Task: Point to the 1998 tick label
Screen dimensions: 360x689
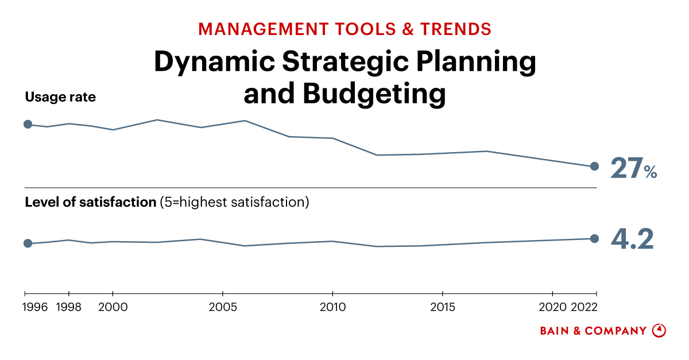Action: coord(69,307)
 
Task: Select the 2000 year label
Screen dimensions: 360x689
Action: coord(113,307)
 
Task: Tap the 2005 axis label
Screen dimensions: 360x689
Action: coord(222,307)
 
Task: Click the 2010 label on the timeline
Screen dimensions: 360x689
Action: coord(332,307)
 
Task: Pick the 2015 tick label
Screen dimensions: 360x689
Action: coord(442,307)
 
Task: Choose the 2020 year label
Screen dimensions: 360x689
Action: coord(552,307)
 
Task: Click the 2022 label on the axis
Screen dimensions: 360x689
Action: coord(585,307)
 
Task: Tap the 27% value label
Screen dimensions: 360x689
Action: coord(633,168)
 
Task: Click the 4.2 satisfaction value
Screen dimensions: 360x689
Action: coord(632,239)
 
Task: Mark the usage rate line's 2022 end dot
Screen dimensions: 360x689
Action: coord(595,167)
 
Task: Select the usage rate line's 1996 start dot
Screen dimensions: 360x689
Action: coord(28,124)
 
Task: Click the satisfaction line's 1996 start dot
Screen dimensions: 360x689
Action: coord(28,243)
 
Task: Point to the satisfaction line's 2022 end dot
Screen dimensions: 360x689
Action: coord(595,239)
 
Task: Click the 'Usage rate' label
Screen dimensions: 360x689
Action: coord(60,98)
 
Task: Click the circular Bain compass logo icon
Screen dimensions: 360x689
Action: coord(659,331)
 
